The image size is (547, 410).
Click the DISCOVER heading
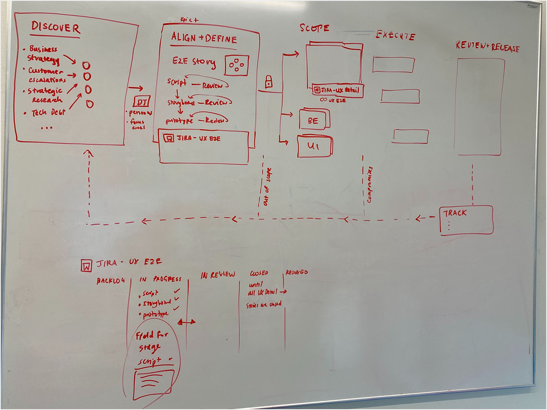[x=55, y=29]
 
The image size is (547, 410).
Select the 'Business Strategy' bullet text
[x=43, y=53]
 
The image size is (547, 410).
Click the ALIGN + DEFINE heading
[x=204, y=39]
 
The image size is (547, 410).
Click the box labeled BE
[x=313, y=121]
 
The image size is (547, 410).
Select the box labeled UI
[x=314, y=146]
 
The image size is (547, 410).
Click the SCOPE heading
[x=314, y=28]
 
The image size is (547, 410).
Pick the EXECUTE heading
[x=395, y=36]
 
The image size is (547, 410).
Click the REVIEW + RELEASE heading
[x=487, y=47]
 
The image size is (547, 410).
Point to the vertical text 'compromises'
[x=369, y=184]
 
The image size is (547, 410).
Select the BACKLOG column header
[x=110, y=281]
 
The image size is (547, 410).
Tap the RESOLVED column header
[x=297, y=272]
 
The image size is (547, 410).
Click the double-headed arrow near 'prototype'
[x=186, y=322]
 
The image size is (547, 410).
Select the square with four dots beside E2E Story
[x=237, y=65]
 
